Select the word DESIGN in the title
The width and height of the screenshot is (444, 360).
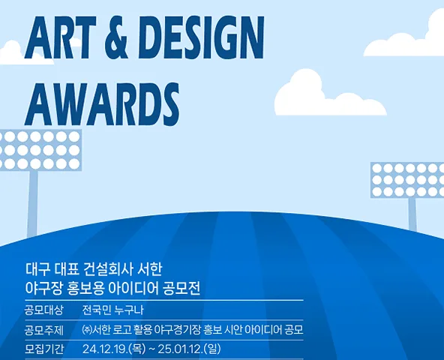201,37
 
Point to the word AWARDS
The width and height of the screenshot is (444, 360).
102,104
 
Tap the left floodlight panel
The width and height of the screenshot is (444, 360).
40,150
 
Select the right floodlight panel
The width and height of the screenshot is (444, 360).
407,180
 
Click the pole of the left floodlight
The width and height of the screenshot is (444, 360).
32,204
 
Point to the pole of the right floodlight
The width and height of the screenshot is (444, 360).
412,214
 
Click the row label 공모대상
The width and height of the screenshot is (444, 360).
44,310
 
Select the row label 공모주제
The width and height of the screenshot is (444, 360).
44,330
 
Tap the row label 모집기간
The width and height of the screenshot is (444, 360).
44,349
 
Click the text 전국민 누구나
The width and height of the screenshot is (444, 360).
113,310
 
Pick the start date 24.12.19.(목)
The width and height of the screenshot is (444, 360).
114,349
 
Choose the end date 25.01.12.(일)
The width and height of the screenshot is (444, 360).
189,349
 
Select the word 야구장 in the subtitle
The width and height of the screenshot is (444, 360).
43,288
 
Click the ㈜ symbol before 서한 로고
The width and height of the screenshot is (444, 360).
87,329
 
